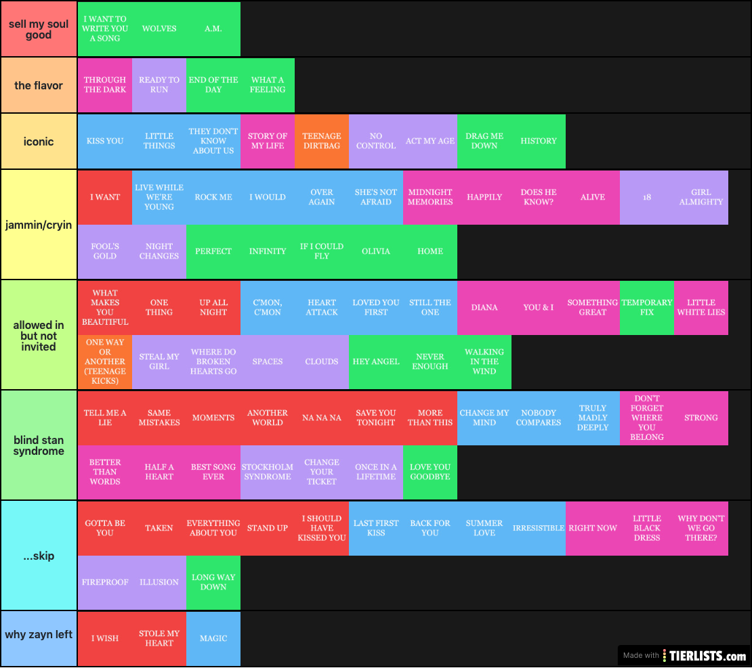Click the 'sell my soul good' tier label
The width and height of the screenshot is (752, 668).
click(39, 29)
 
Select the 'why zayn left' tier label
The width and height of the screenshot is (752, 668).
click(39, 635)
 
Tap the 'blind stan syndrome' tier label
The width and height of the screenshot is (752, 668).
click(39, 445)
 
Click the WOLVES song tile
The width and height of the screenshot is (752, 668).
click(159, 29)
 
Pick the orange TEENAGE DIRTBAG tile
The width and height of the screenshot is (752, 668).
click(322, 141)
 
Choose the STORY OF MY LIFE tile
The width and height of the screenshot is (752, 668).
click(268, 141)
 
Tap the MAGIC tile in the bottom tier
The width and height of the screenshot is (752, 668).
click(213, 638)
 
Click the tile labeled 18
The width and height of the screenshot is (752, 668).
click(647, 197)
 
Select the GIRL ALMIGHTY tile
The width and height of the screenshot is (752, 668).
click(701, 197)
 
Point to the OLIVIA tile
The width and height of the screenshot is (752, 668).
click(376, 251)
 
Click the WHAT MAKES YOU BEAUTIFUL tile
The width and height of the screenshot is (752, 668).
click(105, 308)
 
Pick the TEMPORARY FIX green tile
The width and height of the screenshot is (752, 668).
click(647, 308)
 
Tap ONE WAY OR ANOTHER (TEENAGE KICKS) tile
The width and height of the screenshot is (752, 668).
click(105, 362)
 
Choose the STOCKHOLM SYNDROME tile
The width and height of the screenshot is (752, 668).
click(268, 472)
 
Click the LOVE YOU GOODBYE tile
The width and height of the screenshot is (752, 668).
click(430, 472)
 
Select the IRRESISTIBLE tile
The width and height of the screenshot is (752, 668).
click(539, 528)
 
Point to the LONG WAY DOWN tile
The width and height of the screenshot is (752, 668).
click(213, 582)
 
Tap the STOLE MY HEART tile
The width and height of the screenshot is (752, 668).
click(159, 638)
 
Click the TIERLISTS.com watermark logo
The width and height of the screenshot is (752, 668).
click(704, 655)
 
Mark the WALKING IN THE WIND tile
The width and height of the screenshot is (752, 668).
click(484, 362)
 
